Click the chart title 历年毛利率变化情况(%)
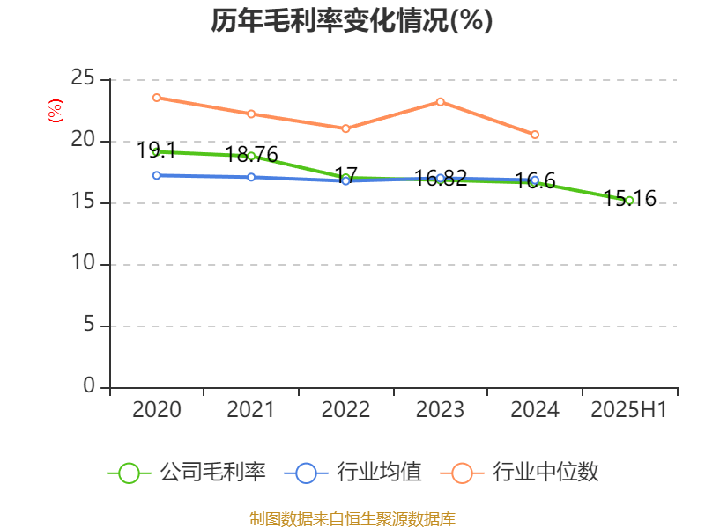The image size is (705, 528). tap(352, 20)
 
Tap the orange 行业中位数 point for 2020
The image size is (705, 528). tap(156, 98)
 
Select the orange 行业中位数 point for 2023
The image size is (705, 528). tap(441, 101)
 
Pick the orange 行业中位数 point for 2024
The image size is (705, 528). tap(535, 135)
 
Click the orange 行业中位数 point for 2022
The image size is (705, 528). tap(345, 128)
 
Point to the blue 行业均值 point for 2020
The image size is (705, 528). tap(156, 175)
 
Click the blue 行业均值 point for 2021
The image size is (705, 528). tap(251, 177)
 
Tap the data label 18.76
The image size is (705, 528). tap(251, 155)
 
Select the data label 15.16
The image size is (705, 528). tap(630, 199)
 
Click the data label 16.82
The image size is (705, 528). tap(441, 179)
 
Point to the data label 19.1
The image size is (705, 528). tap(156, 150)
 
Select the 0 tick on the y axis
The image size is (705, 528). tap(89, 387)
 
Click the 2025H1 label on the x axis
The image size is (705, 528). tap(629, 410)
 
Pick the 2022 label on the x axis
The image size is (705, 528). tap(345, 410)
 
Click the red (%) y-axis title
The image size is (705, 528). tap(56, 111)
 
